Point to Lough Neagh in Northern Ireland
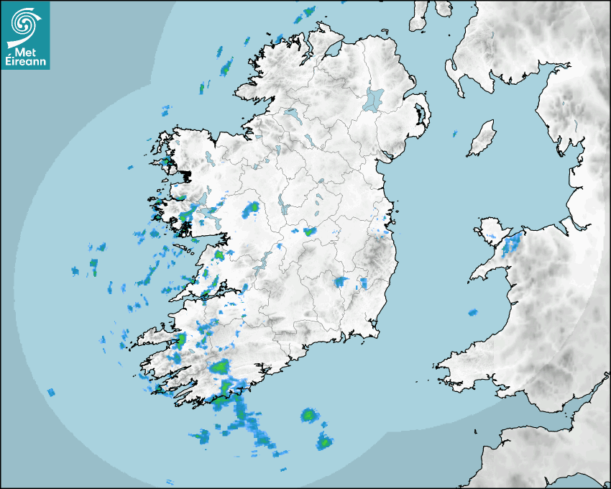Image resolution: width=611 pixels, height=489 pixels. point(374,99)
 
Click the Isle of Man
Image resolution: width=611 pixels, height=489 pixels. point(482,139)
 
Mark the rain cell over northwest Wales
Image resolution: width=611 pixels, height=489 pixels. point(513,243)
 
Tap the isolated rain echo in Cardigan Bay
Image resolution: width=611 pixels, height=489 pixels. point(472,313)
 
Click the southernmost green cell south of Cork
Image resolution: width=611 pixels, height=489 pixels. point(325,443)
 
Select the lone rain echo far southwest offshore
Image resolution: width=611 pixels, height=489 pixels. point(51,392)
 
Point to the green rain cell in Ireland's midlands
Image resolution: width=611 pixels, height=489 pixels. point(310,232)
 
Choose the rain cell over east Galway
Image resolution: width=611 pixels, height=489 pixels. point(252,209)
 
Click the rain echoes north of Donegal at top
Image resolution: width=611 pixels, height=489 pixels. point(308,13)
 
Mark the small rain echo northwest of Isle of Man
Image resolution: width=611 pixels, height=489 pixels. point(454,133)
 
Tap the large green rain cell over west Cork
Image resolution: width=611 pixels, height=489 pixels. point(220,367)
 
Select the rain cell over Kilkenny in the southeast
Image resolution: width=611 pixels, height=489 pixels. point(340,281)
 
